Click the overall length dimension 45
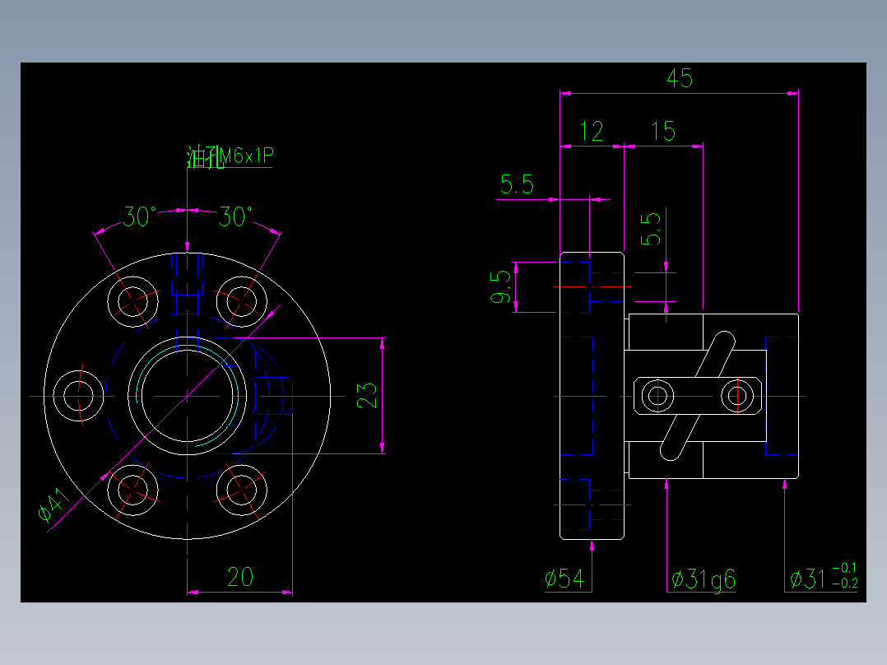click(680, 78)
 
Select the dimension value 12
click(592, 131)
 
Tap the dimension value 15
click(663, 131)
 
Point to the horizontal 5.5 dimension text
click(517, 184)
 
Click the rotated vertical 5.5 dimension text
click(651, 230)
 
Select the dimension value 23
click(369, 395)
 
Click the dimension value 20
click(239, 578)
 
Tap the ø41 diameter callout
click(53, 505)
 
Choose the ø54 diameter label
click(564, 579)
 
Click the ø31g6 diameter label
click(704, 579)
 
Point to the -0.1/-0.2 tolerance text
click(844, 575)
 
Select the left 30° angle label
click(140, 217)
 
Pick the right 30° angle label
click(235, 217)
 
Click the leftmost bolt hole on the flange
click(79, 396)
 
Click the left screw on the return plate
click(657, 396)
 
